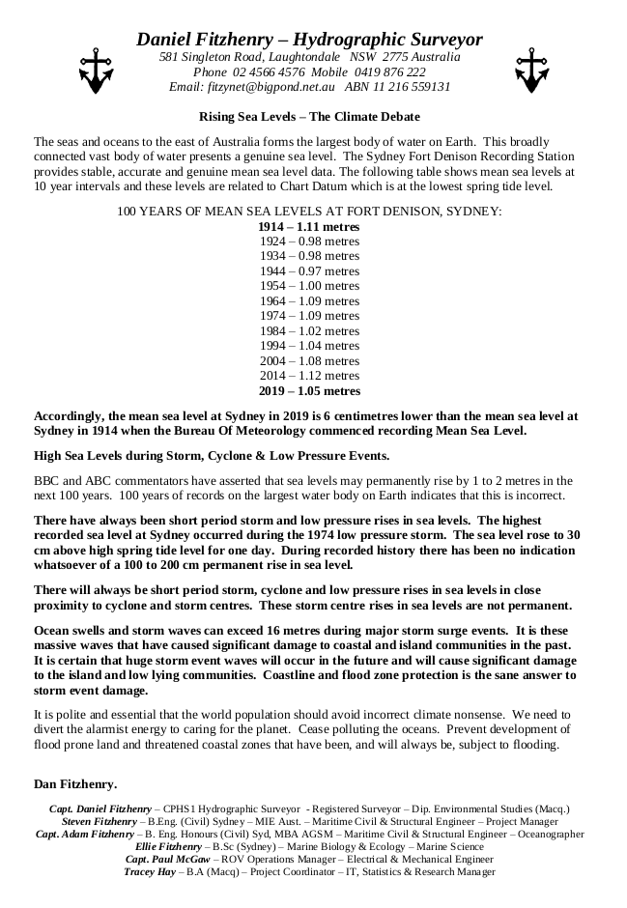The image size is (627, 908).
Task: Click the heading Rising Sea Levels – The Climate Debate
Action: (x=309, y=116)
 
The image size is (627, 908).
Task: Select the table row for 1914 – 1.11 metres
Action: (x=309, y=226)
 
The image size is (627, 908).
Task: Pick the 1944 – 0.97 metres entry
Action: (x=309, y=270)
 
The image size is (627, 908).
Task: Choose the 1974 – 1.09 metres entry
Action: (x=309, y=316)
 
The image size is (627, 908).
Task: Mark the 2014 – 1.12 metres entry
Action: (x=309, y=376)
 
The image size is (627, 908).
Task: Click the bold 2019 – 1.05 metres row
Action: (x=309, y=391)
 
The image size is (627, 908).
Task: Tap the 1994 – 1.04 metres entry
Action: (x=309, y=346)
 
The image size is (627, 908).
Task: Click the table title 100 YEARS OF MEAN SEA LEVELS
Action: (x=309, y=211)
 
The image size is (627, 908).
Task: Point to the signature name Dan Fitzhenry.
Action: (x=75, y=782)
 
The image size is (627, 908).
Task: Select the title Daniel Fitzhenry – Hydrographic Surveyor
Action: (x=309, y=40)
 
